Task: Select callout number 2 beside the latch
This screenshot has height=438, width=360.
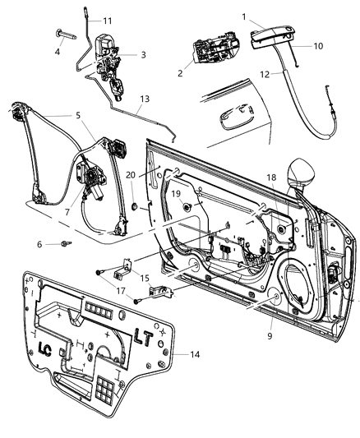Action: pyautogui.click(x=178, y=72)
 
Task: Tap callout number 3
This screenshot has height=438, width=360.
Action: pyautogui.click(x=143, y=55)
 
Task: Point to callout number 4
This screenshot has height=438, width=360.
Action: pyautogui.click(x=57, y=50)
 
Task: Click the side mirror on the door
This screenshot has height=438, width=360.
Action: pyautogui.click(x=298, y=172)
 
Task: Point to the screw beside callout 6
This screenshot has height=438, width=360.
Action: pyautogui.click(x=65, y=244)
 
